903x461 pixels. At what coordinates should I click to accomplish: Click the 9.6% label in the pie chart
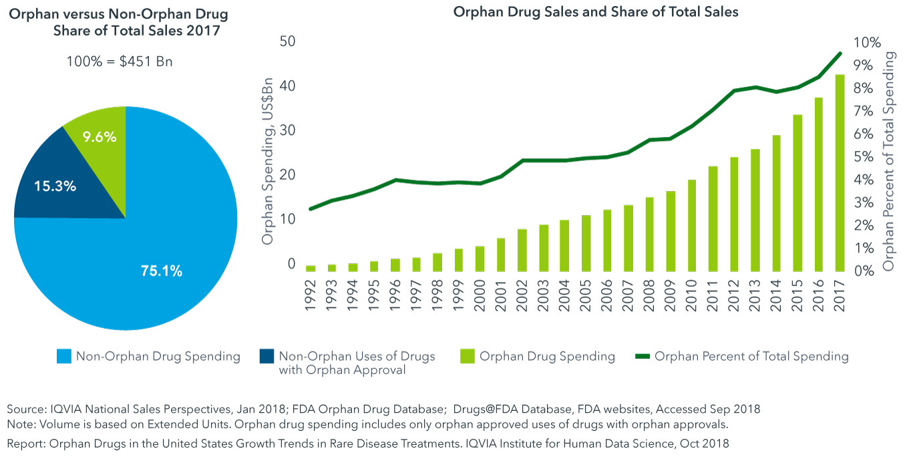[x=100, y=137]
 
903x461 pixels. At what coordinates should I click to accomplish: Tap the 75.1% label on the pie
[x=162, y=271]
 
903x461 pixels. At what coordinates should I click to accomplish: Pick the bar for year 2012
[x=734, y=214]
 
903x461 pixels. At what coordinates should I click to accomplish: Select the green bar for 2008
[x=649, y=234]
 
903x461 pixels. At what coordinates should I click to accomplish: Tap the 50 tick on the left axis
[x=288, y=41]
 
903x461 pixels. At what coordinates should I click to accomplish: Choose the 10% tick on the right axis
[x=867, y=42]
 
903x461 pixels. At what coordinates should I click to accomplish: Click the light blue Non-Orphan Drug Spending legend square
[x=63, y=356]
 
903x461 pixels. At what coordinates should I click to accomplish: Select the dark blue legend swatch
[x=266, y=356]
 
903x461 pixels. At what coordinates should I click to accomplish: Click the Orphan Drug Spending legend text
[x=547, y=356]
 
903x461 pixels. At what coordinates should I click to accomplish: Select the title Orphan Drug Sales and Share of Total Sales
[x=596, y=12]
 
